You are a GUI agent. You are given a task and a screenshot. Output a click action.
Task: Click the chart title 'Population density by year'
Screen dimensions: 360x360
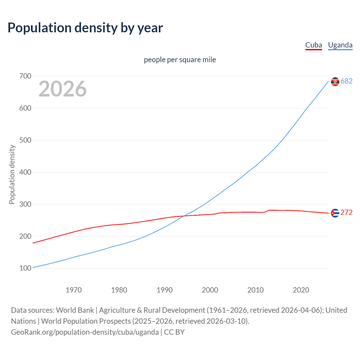click(x=85, y=28)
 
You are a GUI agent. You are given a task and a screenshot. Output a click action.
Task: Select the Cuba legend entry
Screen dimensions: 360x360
click(x=314, y=45)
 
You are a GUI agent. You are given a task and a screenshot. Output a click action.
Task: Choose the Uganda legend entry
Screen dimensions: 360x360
click(x=340, y=45)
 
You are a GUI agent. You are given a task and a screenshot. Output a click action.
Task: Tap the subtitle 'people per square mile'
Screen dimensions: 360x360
click(x=180, y=60)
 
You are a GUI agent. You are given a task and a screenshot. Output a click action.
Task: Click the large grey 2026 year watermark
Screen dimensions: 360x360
click(x=62, y=89)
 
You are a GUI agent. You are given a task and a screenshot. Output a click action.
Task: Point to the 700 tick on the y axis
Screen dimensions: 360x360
click(x=25, y=76)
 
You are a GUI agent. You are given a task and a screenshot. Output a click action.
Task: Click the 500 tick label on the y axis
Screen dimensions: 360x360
click(x=25, y=140)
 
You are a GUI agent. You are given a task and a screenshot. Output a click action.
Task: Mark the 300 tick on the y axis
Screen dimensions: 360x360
click(x=25, y=204)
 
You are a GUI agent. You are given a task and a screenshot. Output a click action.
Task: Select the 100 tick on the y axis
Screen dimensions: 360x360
click(x=25, y=268)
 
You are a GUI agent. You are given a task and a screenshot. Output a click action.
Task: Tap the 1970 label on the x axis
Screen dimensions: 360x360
click(x=74, y=290)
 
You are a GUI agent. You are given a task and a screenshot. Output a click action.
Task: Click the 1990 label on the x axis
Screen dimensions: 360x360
click(x=165, y=290)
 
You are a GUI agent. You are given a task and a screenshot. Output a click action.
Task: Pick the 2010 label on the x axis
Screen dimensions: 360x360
click(x=255, y=290)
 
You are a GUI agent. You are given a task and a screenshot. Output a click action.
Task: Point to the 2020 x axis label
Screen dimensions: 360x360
click(x=301, y=290)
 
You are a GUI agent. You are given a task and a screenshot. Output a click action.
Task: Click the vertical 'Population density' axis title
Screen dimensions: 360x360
click(x=12, y=174)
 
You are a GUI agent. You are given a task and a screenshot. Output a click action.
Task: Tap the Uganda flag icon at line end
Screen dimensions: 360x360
click(x=335, y=82)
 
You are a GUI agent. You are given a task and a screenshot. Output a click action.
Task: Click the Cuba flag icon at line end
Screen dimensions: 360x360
click(x=335, y=213)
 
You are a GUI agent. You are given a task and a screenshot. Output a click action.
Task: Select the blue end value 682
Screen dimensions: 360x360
click(x=346, y=81)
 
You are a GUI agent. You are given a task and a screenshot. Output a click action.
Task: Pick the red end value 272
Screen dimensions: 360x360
click(x=346, y=213)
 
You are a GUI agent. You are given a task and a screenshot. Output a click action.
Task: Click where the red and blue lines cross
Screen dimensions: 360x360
click(x=184, y=216)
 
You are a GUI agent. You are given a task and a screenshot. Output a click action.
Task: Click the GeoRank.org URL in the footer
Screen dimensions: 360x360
click(x=85, y=332)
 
